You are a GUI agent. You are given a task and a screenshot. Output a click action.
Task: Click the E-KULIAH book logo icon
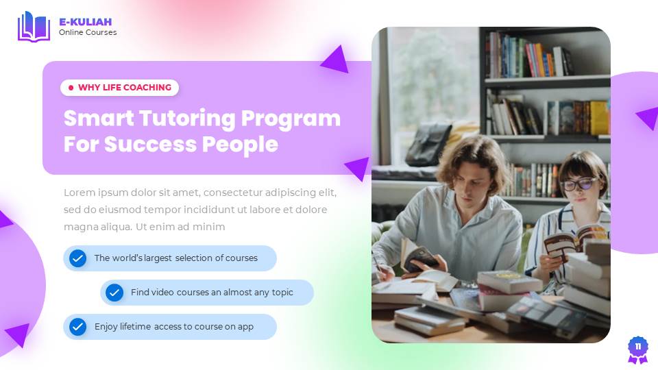(34, 26)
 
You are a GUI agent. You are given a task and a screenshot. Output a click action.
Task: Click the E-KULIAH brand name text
(85, 22)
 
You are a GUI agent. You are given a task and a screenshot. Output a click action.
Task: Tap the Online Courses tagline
(88, 32)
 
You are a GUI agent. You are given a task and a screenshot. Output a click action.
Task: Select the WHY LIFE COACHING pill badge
(120, 88)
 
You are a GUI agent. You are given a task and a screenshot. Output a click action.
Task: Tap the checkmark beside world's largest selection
(78, 258)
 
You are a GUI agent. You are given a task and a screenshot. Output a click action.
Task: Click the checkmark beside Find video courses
(114, 293)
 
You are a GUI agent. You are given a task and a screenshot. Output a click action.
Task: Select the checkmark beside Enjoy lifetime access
(78, 327)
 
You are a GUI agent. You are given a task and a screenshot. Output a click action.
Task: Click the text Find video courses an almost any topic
(212, 293)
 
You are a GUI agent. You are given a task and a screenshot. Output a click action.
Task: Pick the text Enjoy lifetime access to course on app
(174, 327)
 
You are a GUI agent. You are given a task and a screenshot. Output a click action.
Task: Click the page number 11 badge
(637, 347)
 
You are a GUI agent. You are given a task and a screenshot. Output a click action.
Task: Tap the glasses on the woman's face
(578, 184)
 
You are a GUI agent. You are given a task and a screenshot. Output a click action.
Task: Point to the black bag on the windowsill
(429, 144)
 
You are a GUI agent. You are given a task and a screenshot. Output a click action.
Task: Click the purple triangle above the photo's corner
(336, 60)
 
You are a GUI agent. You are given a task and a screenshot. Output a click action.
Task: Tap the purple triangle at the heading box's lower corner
(358, 169)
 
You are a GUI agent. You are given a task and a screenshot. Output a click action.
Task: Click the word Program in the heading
(291, 118)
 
